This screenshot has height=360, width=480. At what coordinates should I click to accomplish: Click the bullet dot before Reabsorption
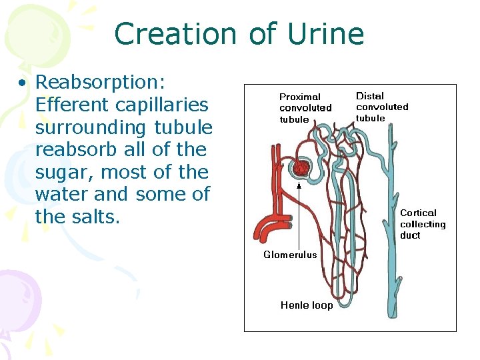point(23,84)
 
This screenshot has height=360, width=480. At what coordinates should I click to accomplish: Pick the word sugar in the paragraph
point(64,173)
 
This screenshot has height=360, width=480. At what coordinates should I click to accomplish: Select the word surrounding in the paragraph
point(91,127)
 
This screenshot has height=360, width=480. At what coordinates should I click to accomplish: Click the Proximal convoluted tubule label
point(305,108)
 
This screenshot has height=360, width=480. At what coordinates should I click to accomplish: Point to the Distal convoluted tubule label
point(382,107)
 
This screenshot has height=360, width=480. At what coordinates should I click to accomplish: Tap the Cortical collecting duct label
point(422,224)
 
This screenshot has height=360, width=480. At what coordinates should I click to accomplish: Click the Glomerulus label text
point(290,254)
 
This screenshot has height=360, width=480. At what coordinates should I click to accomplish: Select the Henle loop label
point(307,305)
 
